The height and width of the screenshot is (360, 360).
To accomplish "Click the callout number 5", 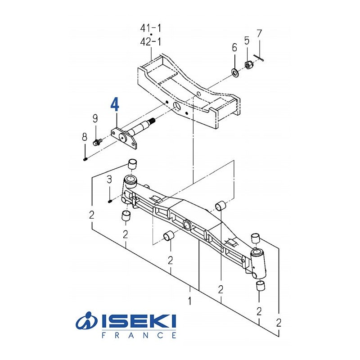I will [247, 41].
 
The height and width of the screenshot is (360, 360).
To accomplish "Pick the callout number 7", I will [259, 33].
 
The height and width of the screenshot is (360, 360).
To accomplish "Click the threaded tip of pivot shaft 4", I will [151, 120].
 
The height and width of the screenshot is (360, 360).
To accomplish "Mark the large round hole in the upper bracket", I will [177, 106].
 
